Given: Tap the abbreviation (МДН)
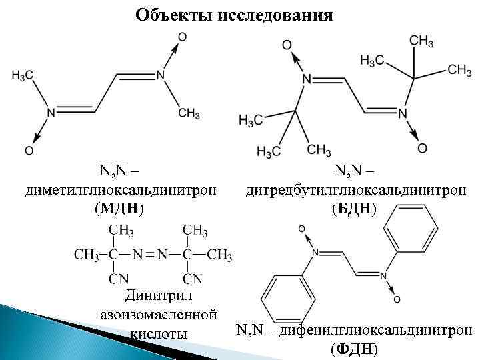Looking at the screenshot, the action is coord(119,209).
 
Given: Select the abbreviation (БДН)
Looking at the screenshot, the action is coord(354,209).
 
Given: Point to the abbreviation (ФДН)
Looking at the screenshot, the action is coord(354,348).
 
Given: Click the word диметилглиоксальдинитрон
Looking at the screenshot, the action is coord(120,191).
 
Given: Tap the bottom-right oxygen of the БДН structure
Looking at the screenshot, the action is coord(422,147).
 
